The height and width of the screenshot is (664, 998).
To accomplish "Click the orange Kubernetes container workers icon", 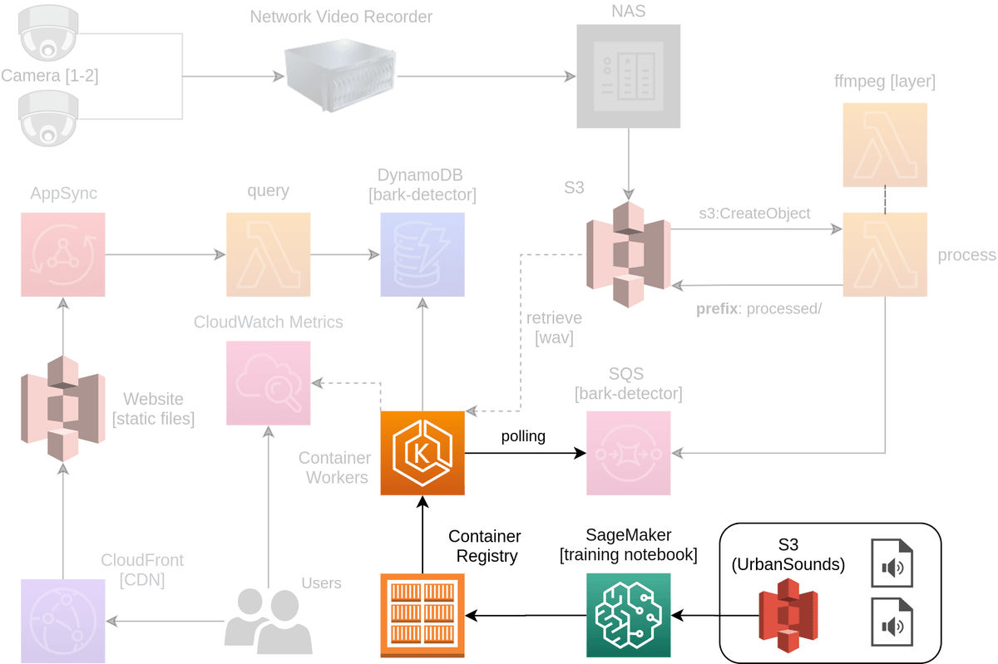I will coord(422,453).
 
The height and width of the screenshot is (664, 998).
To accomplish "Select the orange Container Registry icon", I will coord(422,615).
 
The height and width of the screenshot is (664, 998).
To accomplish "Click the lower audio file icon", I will coord(892,623).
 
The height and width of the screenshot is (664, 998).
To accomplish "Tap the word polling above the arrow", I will coord(523,436).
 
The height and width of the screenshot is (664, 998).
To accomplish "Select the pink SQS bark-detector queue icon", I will coord(628,453).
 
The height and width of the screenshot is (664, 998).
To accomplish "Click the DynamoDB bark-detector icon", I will coord(422,254).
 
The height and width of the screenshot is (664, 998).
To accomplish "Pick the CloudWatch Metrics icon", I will coord(269,382).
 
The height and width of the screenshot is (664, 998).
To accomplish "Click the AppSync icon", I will coord(63,254).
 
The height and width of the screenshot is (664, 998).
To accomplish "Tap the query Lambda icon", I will coord(269,254).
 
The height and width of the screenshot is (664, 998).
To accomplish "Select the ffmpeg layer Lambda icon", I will coord(885,145).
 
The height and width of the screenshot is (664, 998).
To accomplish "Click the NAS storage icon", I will coord(628,76).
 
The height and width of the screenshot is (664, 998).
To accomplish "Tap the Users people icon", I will coord(269,619).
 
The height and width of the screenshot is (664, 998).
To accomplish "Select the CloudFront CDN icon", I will coord(63,620).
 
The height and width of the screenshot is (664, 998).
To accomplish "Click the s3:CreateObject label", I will coord(754,214).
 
